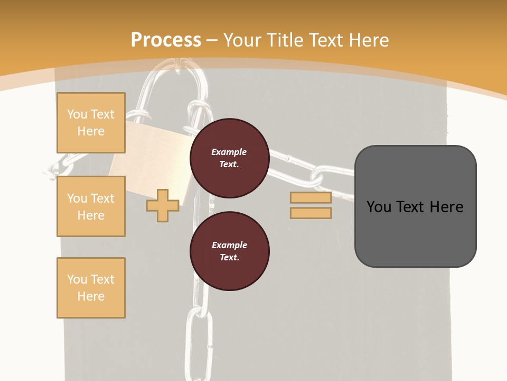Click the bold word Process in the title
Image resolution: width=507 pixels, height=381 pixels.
pyautogui.click(x=166, y=40)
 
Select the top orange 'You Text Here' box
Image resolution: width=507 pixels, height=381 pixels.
pyautogui.click(x=91, y=123)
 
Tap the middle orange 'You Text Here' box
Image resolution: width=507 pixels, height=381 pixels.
pyautogui.click(x=91, y=206)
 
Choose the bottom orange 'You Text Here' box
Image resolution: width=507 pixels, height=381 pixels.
pyautogui.click(x=91, y=288)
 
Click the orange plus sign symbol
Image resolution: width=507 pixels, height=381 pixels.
pyautogui.click(x=163, y=205)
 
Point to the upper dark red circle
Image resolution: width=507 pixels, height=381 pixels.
pyautogui.click(x=230, y=158)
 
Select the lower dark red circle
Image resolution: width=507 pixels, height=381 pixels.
pyautogui.click(x=230, y=251)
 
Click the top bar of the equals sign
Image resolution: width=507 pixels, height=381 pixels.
pyautogui.click(x=311, y=198)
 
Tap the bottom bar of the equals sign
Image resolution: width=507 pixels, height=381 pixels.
pyautogui.click(x=311, y=213)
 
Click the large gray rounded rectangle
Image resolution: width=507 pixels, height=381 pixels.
pyautogui.click(x=415, y=206)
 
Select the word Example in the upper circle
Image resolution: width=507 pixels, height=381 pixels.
pyautogui.click(x=229, y=152)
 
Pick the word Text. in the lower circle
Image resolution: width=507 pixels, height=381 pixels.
pyautogui.click(x=229, y=258)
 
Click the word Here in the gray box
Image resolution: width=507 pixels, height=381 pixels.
pyautogui.click(x=446, y=207)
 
